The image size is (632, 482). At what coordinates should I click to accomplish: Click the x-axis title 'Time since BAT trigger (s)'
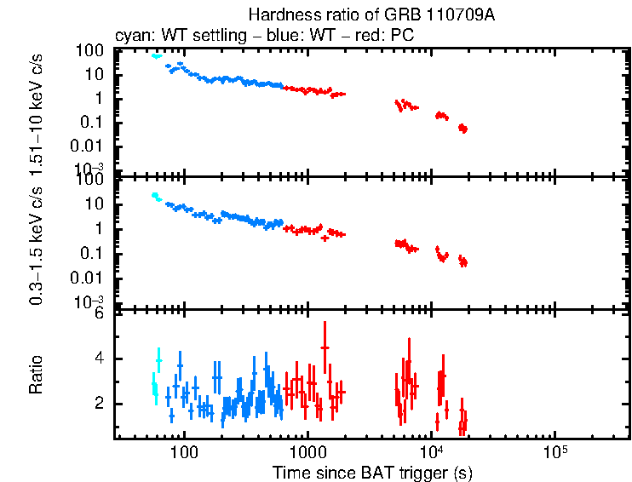coord(372,472)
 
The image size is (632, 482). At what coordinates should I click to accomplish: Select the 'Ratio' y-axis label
coord(37,375)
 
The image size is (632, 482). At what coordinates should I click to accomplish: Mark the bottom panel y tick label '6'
coord(99,313)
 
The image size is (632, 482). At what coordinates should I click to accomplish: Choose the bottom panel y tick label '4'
coord(99,359)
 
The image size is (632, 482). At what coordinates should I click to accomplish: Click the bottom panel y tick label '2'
coord(99,404)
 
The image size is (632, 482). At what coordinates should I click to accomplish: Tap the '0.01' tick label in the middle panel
coord(89,278)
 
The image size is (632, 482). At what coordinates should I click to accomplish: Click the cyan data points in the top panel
coord(156,56)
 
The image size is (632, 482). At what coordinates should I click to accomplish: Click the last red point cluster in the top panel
coord(463,128)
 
